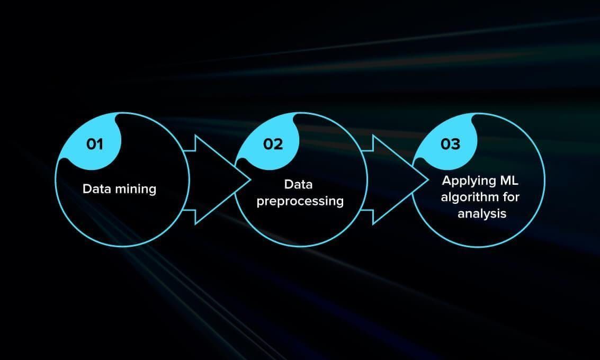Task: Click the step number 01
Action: [95, 144]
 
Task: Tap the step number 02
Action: [273, 144]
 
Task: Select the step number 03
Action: [450, 144]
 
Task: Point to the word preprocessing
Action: [300, 202]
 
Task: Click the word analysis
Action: [482, 213]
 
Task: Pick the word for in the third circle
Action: [512, 196]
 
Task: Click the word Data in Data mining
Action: [97, 188]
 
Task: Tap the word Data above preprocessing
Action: [299, 184]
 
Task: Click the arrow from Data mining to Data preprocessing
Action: [217, 180]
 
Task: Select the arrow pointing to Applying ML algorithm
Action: [395, 180]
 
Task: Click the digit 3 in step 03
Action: [456, 144]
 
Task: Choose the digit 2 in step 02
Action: [279, 144]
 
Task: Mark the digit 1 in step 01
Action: [100, 144]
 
